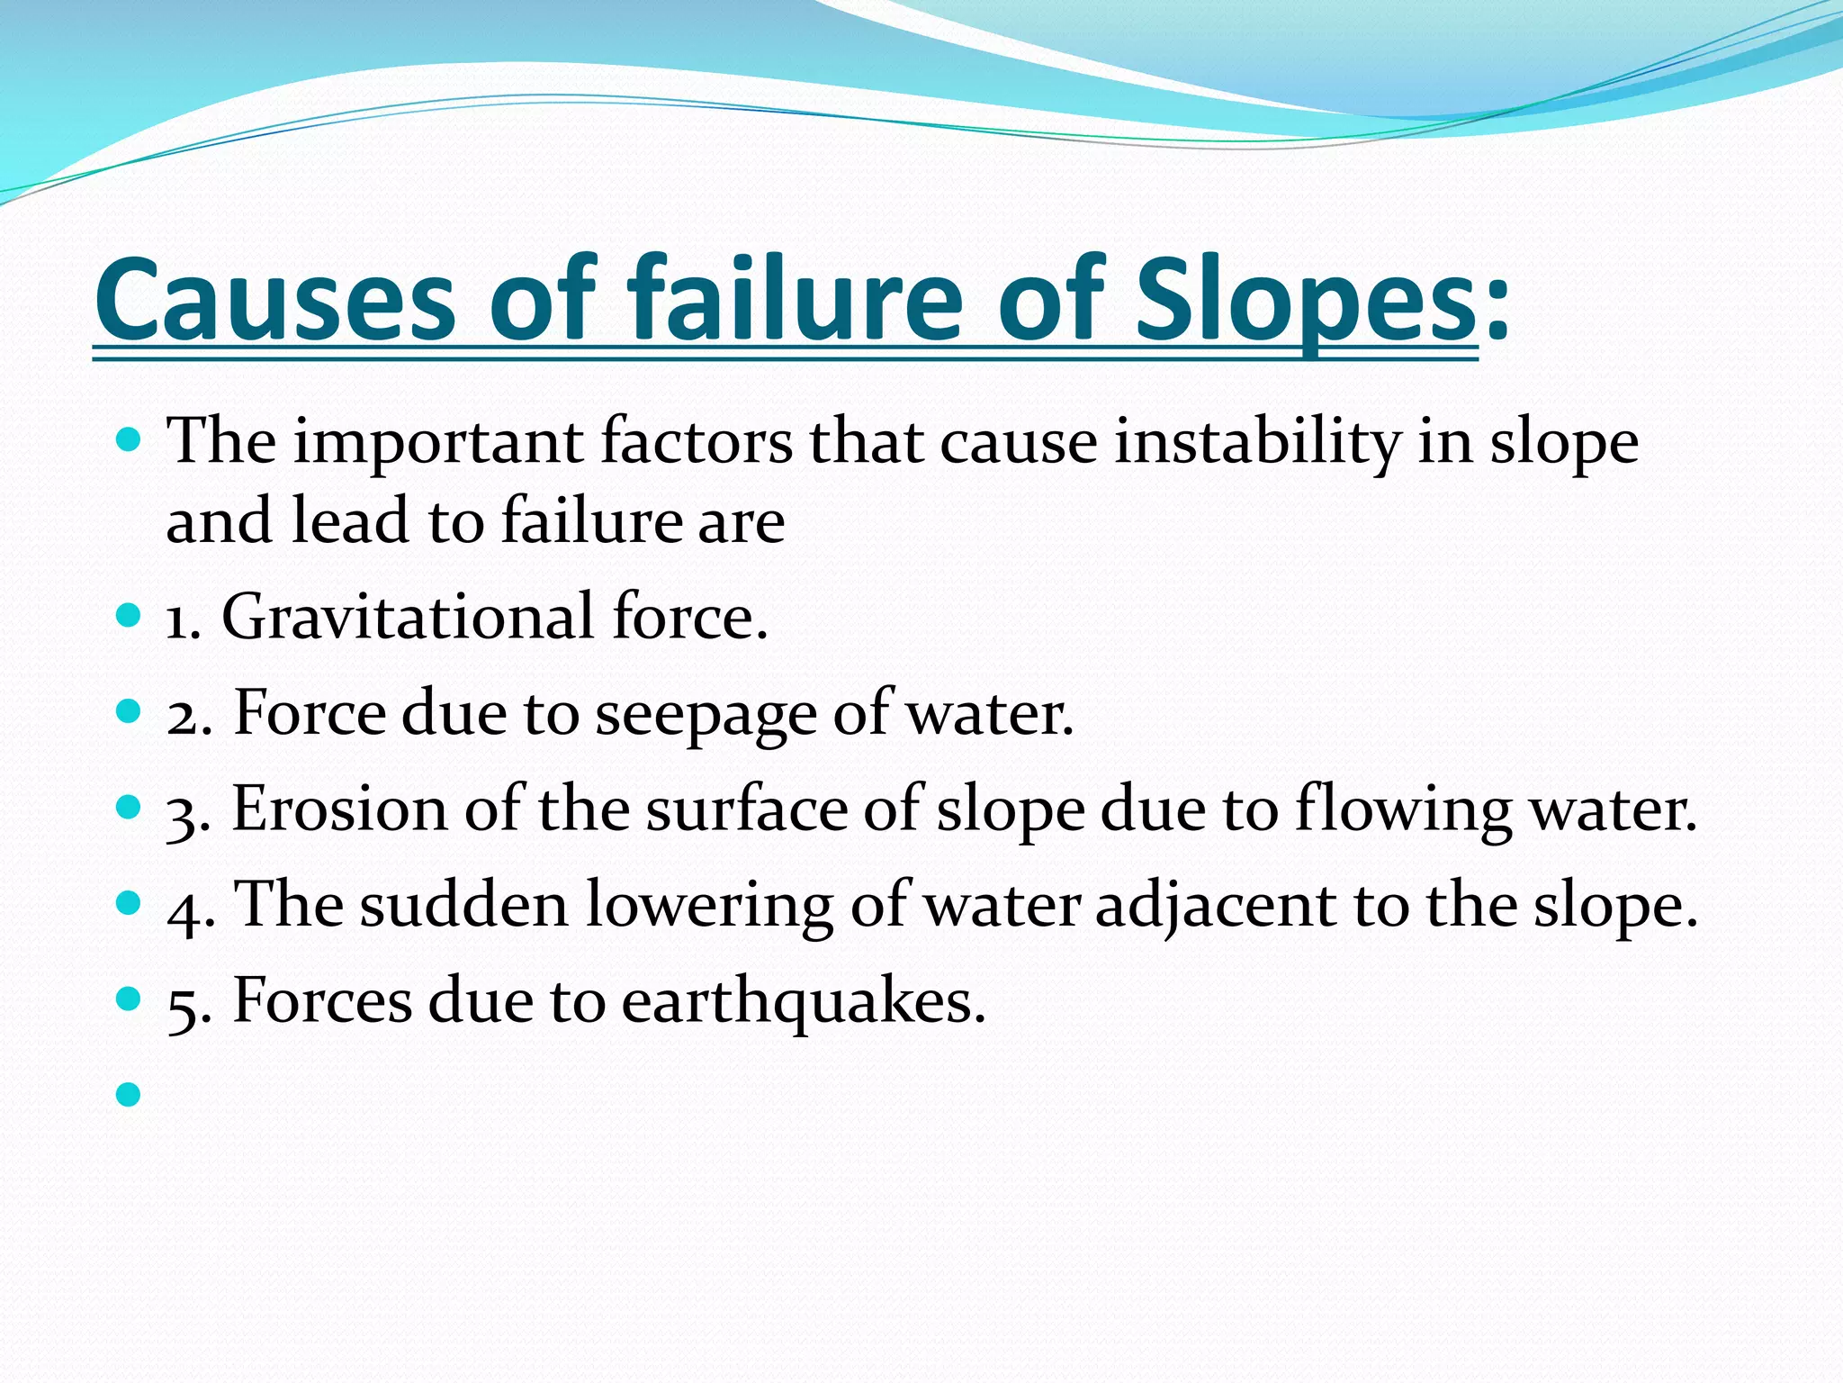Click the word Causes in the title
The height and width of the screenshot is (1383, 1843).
(x=275, y=299)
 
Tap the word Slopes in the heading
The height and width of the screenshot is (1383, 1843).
(x=1304, y=299)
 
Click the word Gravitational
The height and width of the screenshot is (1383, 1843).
(x=408, y=618)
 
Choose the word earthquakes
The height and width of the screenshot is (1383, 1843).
(x=804, y=1002)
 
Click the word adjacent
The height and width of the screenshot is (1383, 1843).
(x=1215, y=906)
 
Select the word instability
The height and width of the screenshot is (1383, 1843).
(x=1257, y=443)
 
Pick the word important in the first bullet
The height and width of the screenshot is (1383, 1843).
(x=438, y=443)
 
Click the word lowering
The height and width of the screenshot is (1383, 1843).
(x=709, y=906)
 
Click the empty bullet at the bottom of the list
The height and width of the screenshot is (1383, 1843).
(x=130, y=1095)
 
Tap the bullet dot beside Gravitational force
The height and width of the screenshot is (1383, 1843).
(x=130, y=616)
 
